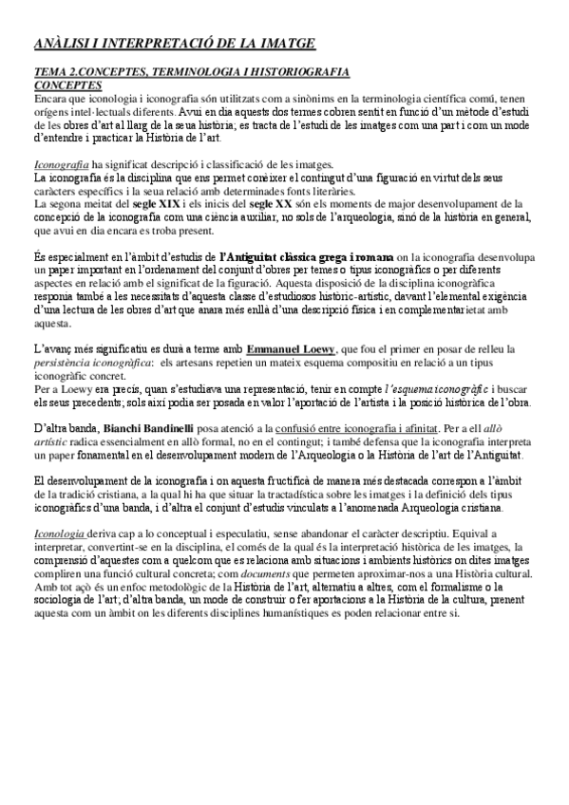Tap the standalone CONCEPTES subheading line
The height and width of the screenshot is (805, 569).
(x=68, y=84)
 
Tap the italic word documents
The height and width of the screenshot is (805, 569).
(x=265, y=573)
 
